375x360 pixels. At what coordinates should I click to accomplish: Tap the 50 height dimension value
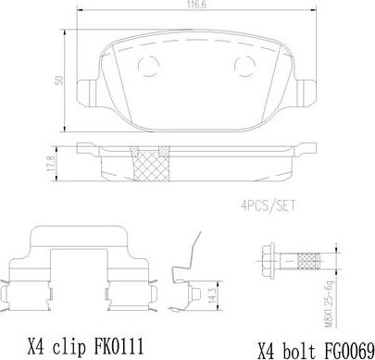click(58, 81)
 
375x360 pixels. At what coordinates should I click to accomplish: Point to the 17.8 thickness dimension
click(51, 164)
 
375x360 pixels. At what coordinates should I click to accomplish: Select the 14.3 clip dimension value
click(212, 295)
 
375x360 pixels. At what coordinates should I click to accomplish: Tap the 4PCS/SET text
click(268, 205)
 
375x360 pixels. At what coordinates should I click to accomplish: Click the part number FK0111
click(118, 347)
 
